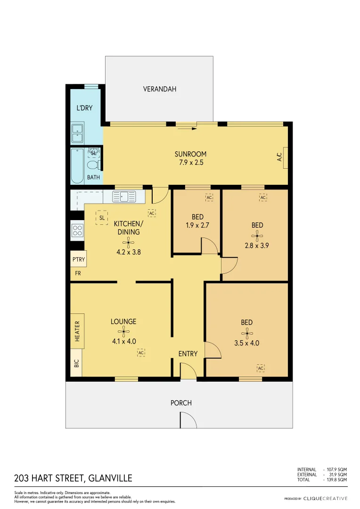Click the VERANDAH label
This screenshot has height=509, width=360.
click(x=159, y=89)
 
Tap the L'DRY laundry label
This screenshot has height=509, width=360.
click(x=84, y=108)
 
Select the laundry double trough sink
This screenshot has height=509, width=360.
click(x=77, y=133)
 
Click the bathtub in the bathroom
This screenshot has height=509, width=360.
click(x=76, y=166)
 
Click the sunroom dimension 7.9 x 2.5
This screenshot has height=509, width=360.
click(x=190, y=163)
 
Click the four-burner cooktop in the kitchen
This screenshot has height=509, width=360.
click(x=77, y=230)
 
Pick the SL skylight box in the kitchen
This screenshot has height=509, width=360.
click(x=101, y=218)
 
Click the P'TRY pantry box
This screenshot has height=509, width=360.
click(x=77, y=260)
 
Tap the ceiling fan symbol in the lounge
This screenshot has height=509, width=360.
click(x=123, y=331)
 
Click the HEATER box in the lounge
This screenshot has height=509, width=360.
click(x=77, y=331)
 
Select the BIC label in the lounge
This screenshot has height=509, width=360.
click(x=76, y=363)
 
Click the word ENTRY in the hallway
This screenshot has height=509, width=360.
click(x=188, y=354)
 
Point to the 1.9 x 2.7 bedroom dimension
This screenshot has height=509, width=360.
click(x=197, y=225)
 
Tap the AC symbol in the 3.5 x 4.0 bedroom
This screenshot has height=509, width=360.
click(x=261, y=368)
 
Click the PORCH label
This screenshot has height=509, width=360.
click(x=181, y=403)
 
